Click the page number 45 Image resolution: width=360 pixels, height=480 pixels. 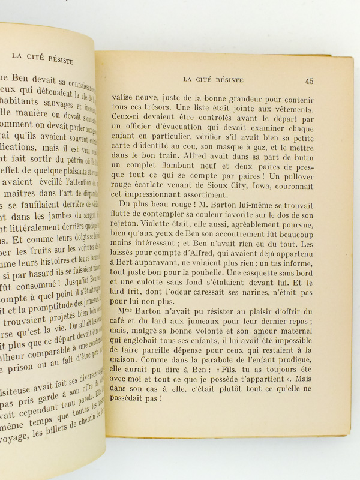pos(309,81)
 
